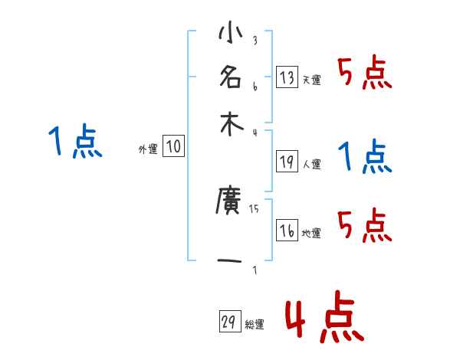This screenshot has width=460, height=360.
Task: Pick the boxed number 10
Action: click(x=173, y=147)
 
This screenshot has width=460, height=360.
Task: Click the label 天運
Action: click(x=310, y=80)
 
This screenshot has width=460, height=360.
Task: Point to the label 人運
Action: click(x=310, y=164)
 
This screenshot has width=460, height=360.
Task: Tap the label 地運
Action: click(x=310, y=234)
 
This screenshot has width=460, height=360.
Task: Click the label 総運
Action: click(x=254, y=325)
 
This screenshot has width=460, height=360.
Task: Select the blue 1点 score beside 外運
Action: click(x=75, y=142)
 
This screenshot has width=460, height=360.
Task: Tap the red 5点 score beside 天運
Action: click(x=364, y=74)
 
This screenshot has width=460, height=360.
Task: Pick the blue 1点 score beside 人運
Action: click(x=364, y=158)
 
